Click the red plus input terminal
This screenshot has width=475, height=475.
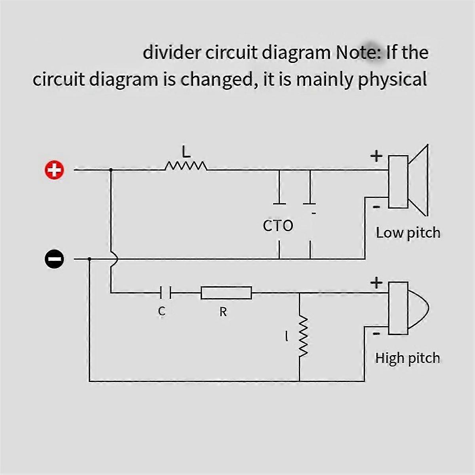click(54, 170)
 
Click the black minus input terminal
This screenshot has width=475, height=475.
click(54, 259)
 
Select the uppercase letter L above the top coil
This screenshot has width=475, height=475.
click(186, 152)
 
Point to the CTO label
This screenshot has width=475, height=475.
click(278, 226)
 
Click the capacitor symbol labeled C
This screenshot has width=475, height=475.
click(165, 293)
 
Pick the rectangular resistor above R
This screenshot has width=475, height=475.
click(226, 293)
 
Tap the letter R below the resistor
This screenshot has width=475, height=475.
click(223, 312)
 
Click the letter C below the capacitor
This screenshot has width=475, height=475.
click(161, 312)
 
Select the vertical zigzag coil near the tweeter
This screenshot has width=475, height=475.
click(303, 336)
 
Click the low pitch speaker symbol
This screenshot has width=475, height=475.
click(408, 181)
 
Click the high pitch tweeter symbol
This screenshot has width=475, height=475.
click(408, 308)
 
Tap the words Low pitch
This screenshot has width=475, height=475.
click(408, 233)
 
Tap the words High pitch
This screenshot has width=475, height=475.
click(407, 358)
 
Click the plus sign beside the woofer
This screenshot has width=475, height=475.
click(376, 156)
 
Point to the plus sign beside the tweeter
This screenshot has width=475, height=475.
click(376, 283)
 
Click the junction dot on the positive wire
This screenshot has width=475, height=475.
click(110, 170)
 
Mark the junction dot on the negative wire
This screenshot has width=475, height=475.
click(89, 259)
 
